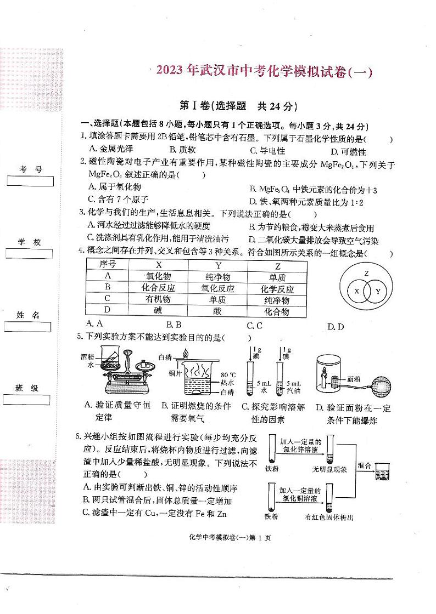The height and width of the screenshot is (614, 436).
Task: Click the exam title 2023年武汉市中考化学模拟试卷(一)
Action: pos(264,72)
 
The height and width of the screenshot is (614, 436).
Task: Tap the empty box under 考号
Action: pos(30,181)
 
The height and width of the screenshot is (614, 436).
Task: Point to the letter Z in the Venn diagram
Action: pos(366,272)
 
